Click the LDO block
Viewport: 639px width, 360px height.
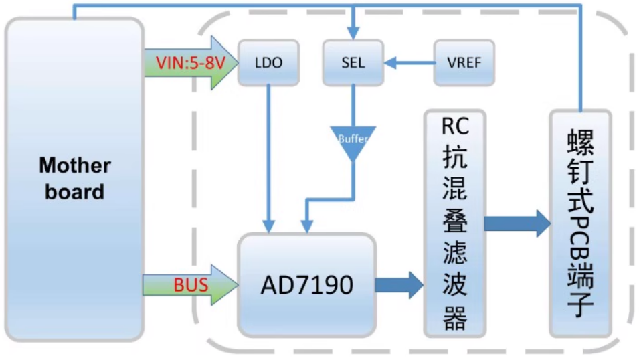(x=268, y=63)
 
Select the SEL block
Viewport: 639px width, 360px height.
(x=353, y=63)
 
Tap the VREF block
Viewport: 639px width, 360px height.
(x=464, y=63)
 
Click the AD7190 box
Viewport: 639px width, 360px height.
(x=306, y=285)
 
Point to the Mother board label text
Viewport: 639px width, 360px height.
(x=75, y=179)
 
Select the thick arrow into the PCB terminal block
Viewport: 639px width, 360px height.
(x=516, y=223)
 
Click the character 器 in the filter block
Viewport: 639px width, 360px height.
(x=455, y=319)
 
